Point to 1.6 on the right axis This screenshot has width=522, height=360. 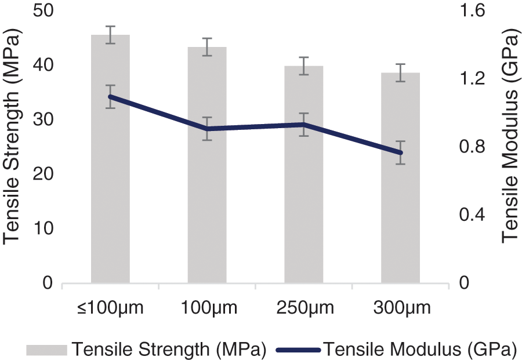[474, 11]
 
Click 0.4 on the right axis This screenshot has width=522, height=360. [474, 215]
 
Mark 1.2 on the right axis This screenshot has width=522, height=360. [474, 79]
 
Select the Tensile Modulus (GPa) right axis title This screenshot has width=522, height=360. [510, 139]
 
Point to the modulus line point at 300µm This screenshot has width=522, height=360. [400, 152]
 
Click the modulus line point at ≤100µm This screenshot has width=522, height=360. [110, 97]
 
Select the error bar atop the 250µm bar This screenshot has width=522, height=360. [303, 66]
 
